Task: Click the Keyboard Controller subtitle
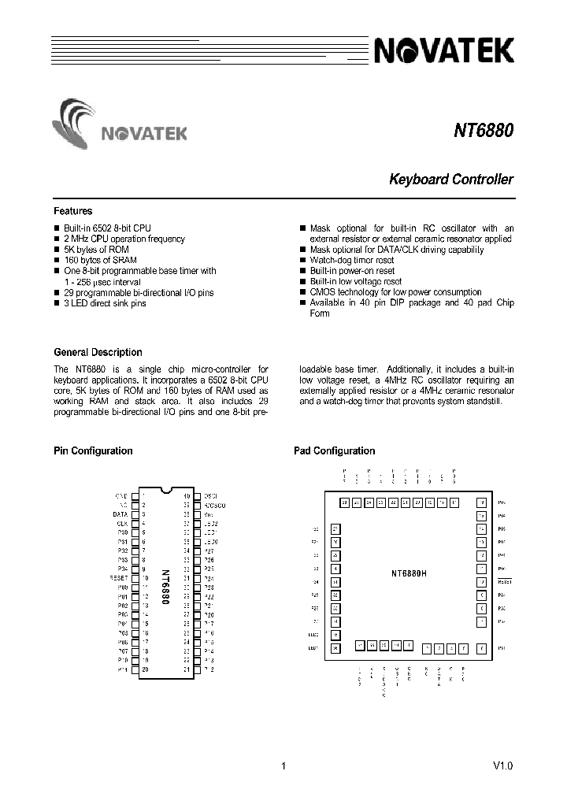pos(451,180)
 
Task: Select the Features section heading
pos(72,211)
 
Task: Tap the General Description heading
pos(98,352)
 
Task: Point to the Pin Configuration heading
pos(93,451)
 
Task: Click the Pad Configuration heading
pos(334,451)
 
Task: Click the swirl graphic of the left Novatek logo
pos(76,122)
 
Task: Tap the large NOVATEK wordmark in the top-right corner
pos(445,52)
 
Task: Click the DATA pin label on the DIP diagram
pos(120,513)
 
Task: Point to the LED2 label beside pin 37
pos(210,523)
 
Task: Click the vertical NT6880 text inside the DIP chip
pos(165,587)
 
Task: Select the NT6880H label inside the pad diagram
pos(409,573)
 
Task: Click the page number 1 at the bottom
pos(283,766)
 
